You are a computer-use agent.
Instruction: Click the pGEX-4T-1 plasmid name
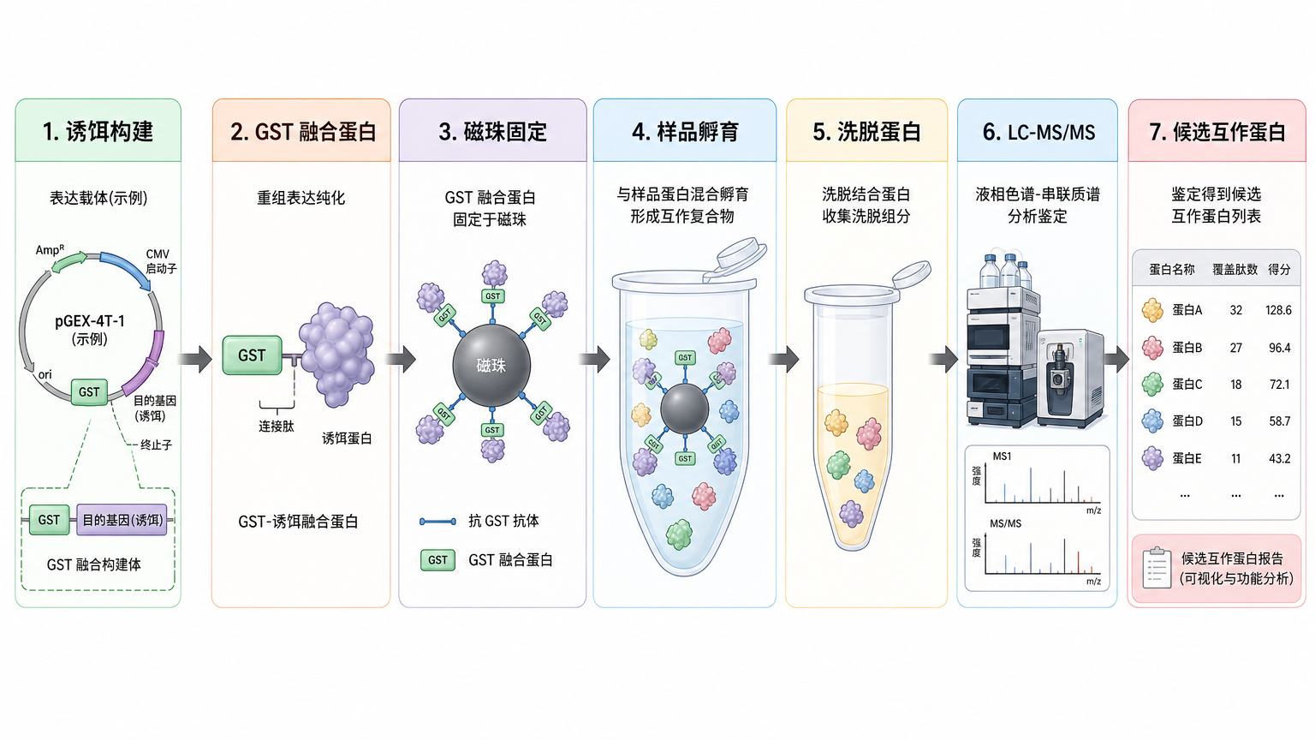[90, 321]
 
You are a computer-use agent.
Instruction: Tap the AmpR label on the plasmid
[50, 249]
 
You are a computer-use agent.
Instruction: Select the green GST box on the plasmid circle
[89, 391]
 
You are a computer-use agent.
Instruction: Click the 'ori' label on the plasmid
[45, 374]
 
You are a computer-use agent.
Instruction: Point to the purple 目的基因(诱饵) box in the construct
[122, 520]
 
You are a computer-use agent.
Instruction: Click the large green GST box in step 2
[252, 355]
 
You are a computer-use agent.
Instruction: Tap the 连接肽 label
[277, 426]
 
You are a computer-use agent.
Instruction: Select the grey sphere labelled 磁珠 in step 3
[491, 366]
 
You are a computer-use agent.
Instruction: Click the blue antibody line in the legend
[438, 522]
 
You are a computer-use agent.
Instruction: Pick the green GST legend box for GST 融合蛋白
[438, 559]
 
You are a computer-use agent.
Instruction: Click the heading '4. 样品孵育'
[685, 132]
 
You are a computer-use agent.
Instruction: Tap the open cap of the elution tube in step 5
[912, 275]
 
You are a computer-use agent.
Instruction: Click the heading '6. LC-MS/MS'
[1038, 132]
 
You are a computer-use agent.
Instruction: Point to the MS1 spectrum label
[1003, 457]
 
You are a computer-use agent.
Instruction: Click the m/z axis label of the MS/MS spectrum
[1093, 582]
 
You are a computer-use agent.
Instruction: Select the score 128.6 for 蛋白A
[1278, 310]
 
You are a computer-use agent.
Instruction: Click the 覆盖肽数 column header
[1235, 270]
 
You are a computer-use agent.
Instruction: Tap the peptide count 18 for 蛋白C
[1236, 385]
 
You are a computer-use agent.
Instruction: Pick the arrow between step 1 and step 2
[195, 359]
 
